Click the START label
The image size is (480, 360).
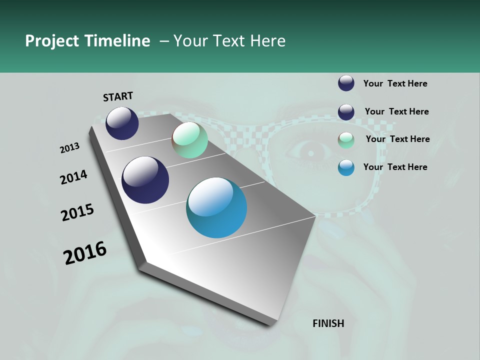click(118, 96)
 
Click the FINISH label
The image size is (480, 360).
click(328, 323)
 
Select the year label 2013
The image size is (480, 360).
click(69, 148)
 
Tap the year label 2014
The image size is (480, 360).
click(73, 177)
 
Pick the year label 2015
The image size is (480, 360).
click(77, 212)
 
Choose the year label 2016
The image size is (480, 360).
click(85, 253)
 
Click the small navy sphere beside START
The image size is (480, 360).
click(122, 123)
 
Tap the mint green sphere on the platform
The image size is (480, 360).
click(189, 140)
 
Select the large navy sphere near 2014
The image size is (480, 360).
click(145, 180)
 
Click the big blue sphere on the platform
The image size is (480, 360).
click(216, 207)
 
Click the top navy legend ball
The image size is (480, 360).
click(346, 83)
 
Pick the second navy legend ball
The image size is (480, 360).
click(346, 112)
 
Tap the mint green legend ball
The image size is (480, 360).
click(346, 140)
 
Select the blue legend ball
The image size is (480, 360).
click(346, 167)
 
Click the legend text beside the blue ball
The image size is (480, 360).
click(395, 167)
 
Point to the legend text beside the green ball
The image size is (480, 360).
click(397, 139)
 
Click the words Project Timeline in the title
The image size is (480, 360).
click(87, 41)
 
